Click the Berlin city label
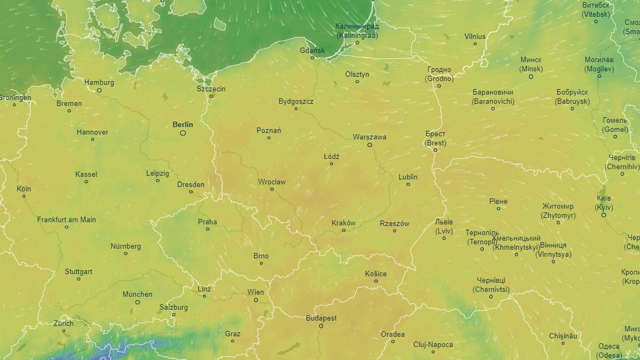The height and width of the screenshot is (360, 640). tap(183, 124)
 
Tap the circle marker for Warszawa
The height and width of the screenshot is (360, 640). tap(370, 145)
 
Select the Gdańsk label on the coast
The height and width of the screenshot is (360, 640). tap(312, 50)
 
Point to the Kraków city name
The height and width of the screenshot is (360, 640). tap(343, 223)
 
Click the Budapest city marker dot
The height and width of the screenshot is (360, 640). tap(321, 326)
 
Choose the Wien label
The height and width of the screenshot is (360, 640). tap(256, 292)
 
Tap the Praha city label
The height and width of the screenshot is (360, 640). tap(207, 222)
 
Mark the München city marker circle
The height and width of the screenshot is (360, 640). tap(137, 302)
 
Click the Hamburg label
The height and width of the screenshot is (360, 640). tap(99, 82)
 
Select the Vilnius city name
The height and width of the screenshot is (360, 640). tap(475, 36)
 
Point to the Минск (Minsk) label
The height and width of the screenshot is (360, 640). tap(531, 64)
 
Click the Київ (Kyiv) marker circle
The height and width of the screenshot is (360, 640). tap(604, 215)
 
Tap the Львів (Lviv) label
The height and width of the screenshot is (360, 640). tap(444, 226)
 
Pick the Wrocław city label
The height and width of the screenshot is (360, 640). tap(272, 182)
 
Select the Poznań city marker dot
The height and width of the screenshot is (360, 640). tap(269, 138)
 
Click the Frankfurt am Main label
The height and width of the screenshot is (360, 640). tap(66, 219)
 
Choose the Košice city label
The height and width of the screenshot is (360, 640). tap(376, 274)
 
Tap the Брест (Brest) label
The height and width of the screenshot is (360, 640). tap(435, 138)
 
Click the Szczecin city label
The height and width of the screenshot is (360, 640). tap(211, 89)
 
